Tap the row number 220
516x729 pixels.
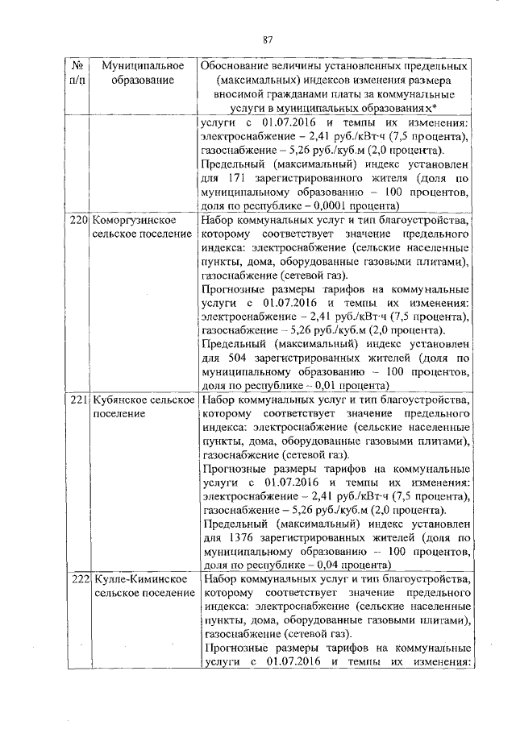pyautogui.click(x=78, y=219)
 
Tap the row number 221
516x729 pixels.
pyautogui.click(x=78, y=400)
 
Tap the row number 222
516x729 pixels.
pyautogui.click(x=78, y=580)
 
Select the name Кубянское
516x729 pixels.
pyautogui.click(x=122, y=400)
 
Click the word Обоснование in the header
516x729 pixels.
pyautogui.click(x=239, y=64)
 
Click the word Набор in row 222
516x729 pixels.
pyautogui.click(x=220, y=580)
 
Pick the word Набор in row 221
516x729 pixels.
pyautogui.click(x=220, y=400)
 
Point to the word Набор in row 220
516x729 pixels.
pyautogui.click(x=220, y=219)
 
